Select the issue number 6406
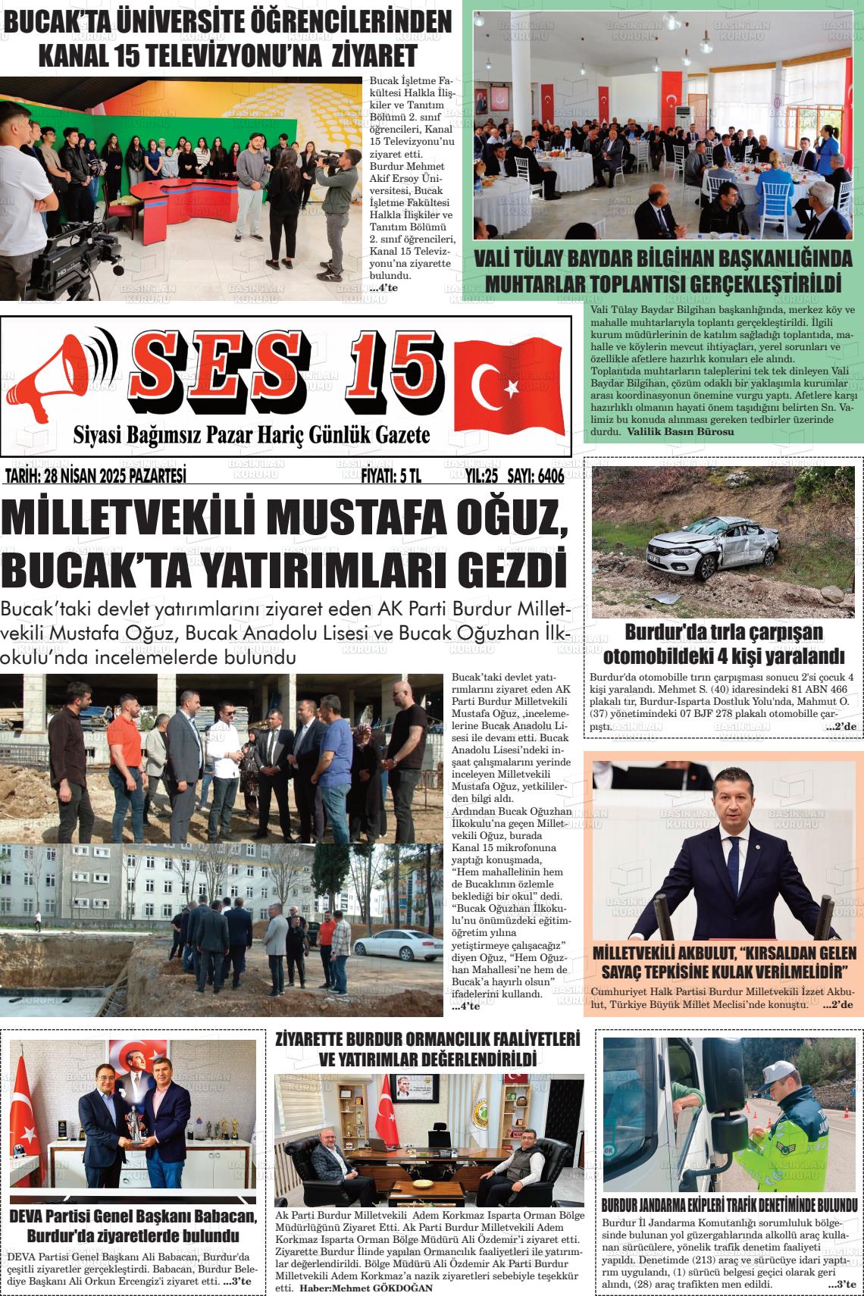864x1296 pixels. click(541, 476)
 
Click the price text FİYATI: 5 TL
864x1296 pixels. click(390, 476)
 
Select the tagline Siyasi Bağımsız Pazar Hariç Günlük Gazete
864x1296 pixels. click(251, 436)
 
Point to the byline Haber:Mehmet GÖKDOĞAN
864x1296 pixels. click(366, 1288)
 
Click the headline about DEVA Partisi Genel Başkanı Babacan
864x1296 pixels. click(133, 1226)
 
